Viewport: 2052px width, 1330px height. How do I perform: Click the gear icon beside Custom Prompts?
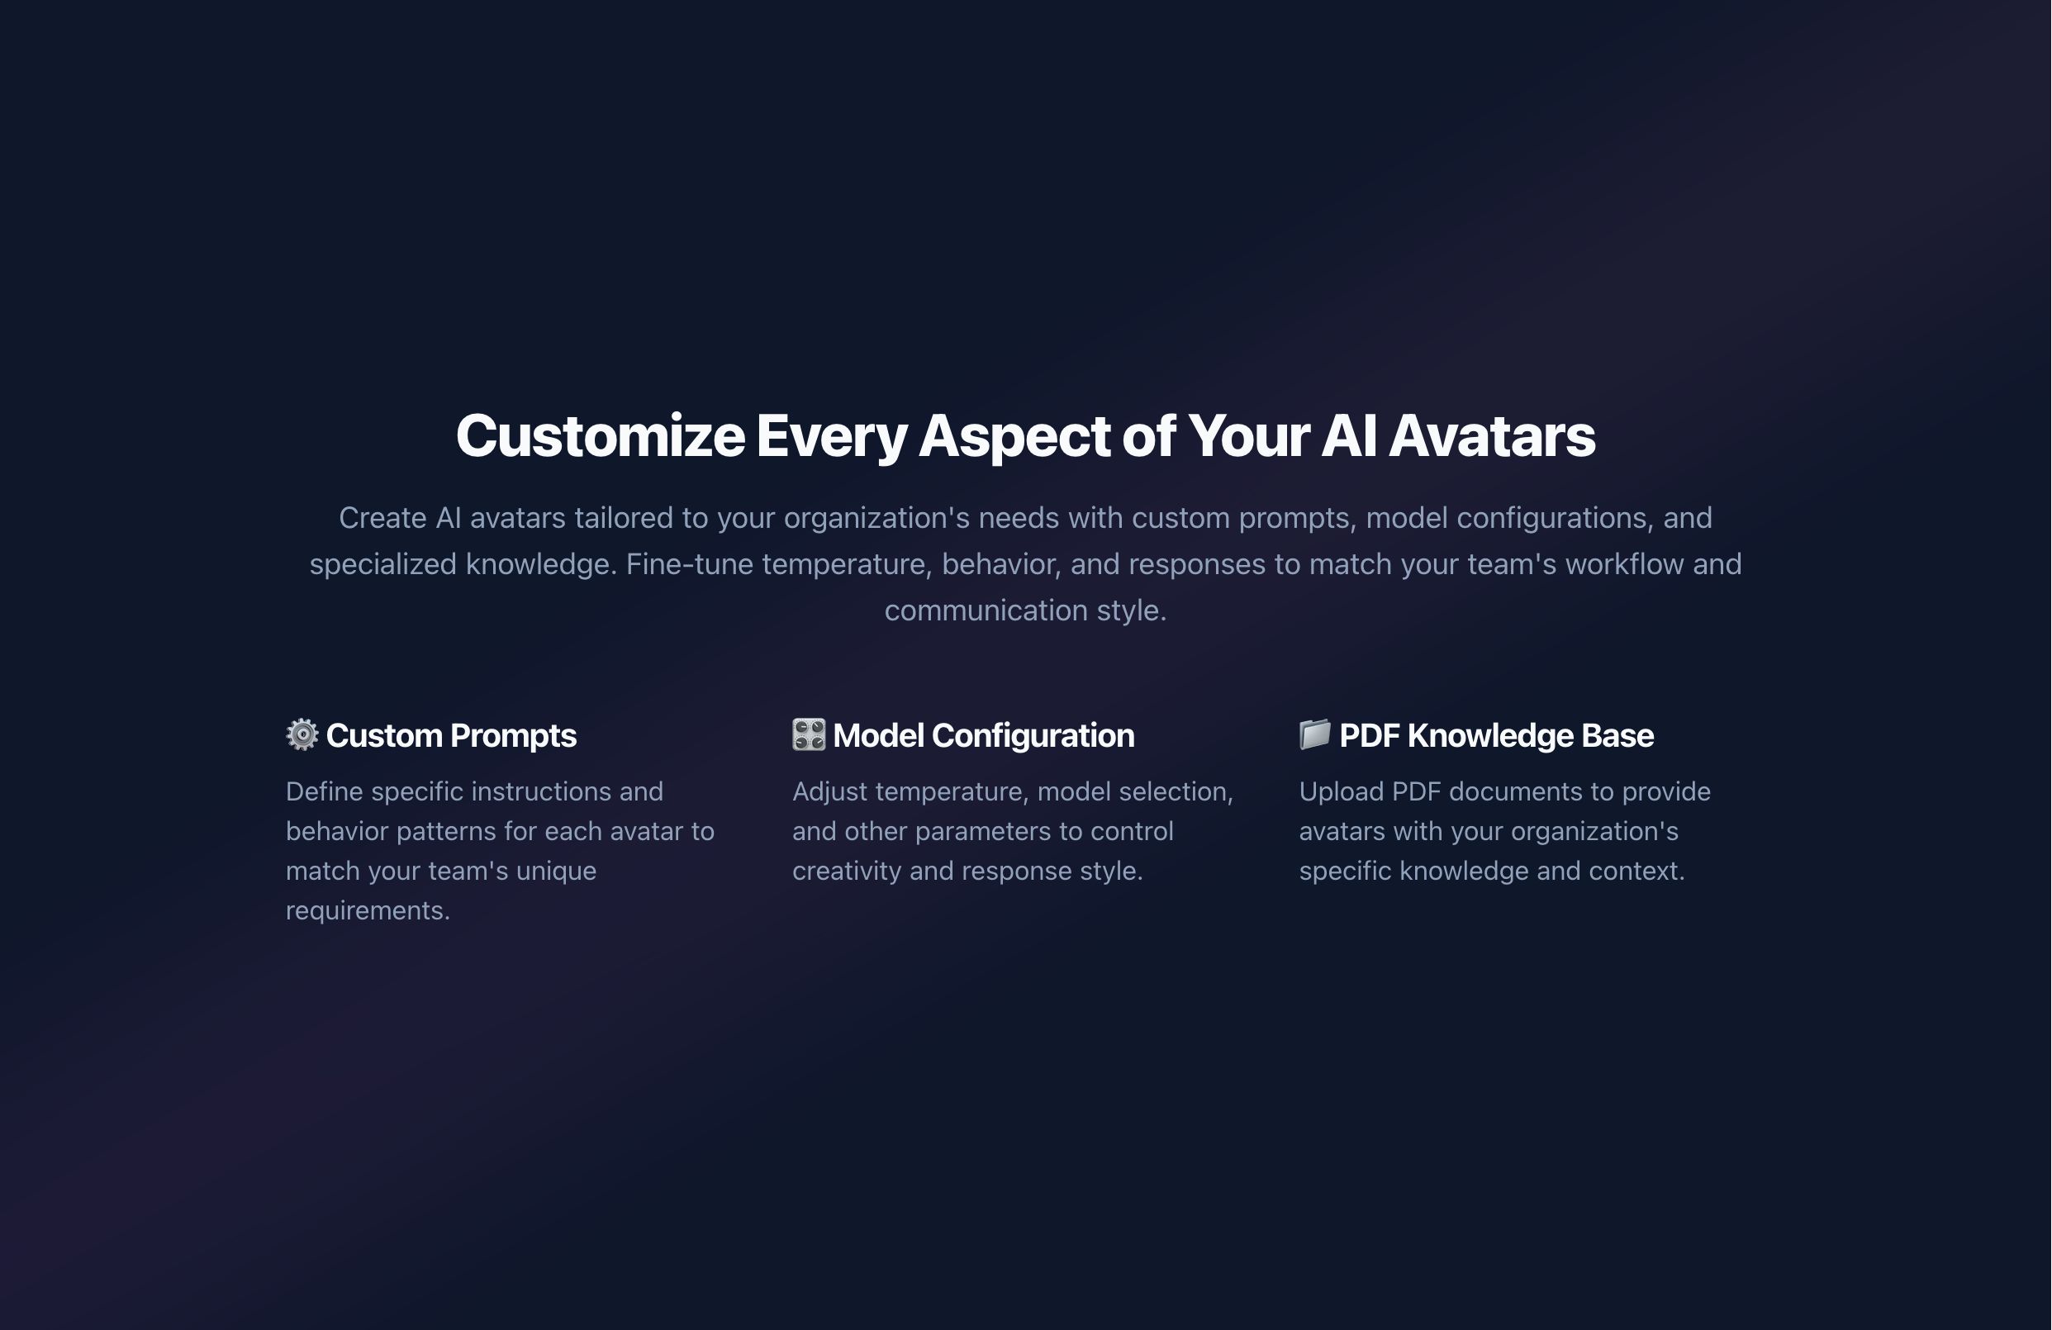(302, 734)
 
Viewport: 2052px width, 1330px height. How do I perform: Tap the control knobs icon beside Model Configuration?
(809, 734)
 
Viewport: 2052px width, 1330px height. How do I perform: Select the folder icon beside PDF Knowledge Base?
(1315, 734)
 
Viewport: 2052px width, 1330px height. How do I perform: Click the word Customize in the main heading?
(600, 436)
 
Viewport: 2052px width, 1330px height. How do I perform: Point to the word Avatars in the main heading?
(1492, 436)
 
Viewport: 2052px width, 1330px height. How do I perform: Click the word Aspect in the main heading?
(1014, 436)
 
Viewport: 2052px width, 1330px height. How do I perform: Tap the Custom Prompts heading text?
(451, 735)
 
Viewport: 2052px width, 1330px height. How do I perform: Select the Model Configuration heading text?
(984, 735)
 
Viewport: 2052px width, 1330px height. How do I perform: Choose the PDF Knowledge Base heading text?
(1497, 735)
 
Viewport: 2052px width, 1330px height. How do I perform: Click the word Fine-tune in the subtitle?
(690, 563)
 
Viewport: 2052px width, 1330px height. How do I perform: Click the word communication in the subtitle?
(986, 610)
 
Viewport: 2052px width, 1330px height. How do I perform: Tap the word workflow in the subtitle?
(1623, 563)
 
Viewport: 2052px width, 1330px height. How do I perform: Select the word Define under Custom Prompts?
(324, 791)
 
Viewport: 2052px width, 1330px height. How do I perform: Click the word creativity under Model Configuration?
(847, 871)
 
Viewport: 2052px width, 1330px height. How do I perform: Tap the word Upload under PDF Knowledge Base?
(1341, 791)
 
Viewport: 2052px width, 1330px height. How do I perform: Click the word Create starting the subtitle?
(382, 518)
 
